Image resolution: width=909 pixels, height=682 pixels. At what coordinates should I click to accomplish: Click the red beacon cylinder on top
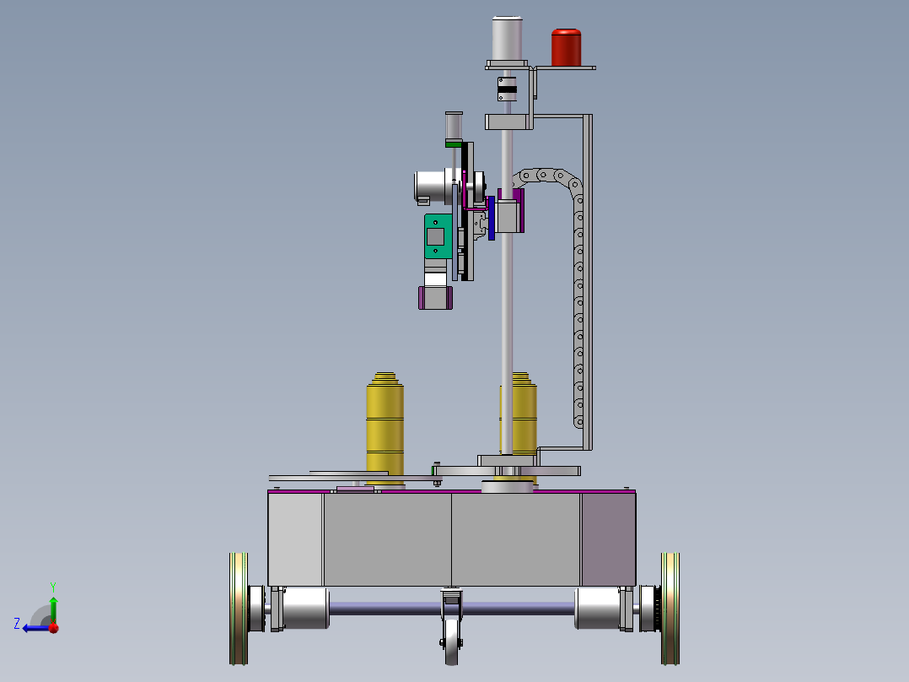tap(567, 47)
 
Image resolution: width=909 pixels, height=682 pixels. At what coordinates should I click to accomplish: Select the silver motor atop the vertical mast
tap(508, 39)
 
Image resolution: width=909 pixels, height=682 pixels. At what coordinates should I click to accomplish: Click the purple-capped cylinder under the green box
tap(434, 297)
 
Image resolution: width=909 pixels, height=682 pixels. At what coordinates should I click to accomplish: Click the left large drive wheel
tap(239, 608)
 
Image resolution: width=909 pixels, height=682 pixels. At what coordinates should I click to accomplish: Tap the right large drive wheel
tap(670, 608)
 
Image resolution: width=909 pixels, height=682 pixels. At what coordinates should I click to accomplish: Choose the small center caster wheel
tap(452, 641)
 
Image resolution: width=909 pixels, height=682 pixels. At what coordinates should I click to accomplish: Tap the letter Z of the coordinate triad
tap(17, 624)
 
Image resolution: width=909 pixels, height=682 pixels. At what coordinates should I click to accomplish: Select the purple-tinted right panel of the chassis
tap(607, 539)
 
